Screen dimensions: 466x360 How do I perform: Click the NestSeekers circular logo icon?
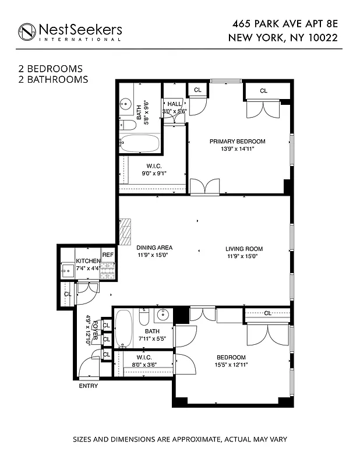pyautogui.click(x=27, y=31)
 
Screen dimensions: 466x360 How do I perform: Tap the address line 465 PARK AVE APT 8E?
pyautogui.click(x=284, y=25)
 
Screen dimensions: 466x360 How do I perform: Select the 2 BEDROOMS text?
pyautogui.click(x=50, y=69)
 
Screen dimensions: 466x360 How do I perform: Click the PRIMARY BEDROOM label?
pyautogui.click(x=237, y=142)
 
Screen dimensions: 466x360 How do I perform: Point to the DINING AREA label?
pyautogui.click(x=154, y=248)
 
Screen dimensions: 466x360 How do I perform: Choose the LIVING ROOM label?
pyautogui.click(x=241, y=249)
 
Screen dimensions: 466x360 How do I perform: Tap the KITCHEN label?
pyautogui.click(x=87, y=261)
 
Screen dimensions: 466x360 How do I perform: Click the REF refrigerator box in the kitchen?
pyautogui.click(x=108, y=255)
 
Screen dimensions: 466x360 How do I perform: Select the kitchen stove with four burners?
pyautogui.click(x=108, y=270)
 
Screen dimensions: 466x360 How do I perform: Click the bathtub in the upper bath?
pyautogui.click(x=140, y=144)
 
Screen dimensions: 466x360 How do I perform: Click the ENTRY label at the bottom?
pyautogui.click(x=89, y=386)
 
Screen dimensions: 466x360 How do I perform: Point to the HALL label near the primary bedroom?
pyautogui.click(x=174, y=104)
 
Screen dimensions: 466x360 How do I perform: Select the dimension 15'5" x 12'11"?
pyautogui.click(x=231, y=365)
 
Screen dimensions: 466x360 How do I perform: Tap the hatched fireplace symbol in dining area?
pyautogui.click(x=125, y=232)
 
